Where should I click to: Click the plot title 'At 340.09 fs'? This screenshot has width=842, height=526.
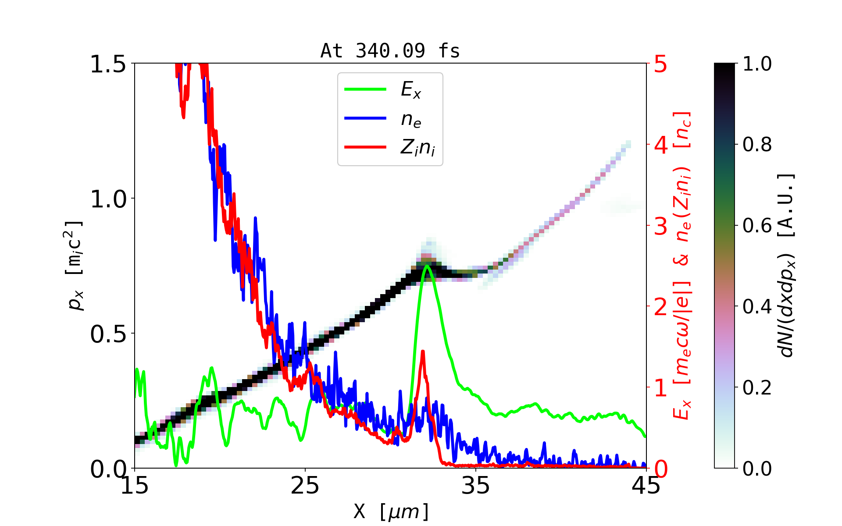coord(390,51)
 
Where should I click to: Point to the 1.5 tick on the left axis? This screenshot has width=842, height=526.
coord(108,64)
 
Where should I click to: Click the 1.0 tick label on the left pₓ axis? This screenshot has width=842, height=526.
coord(108,199)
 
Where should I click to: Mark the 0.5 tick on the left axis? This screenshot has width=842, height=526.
coord(108,334)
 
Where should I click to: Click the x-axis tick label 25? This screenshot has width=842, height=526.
coord(305,486)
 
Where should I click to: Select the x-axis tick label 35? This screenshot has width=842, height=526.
coord(476,486)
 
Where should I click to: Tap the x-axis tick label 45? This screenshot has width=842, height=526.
coord(646,486)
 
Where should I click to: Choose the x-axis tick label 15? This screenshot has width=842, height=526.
coord(135,486)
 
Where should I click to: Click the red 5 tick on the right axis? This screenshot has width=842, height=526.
coord(660,64)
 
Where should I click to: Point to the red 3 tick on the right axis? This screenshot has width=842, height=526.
coord(660,226)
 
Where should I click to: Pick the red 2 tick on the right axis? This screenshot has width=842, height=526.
coord(660,307)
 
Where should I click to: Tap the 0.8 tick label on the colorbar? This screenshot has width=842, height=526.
coord(757,145)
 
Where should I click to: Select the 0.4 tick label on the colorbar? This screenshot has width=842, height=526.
coord(757,307)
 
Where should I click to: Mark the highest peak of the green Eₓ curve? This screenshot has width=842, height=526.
coord(427,266)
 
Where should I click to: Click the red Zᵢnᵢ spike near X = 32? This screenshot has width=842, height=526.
coord(423,352)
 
